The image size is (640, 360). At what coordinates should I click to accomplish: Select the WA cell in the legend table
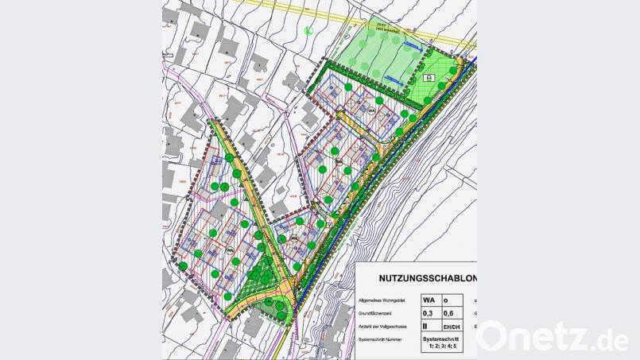429,300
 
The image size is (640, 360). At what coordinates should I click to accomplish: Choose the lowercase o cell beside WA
447,300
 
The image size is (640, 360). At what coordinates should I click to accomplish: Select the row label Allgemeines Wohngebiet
383,301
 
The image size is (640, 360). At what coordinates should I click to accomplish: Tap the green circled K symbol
308,31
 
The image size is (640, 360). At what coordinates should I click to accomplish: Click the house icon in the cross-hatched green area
429,78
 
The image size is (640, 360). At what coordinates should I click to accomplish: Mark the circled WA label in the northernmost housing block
370,110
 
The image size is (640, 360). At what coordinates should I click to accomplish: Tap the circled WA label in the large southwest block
229,251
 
